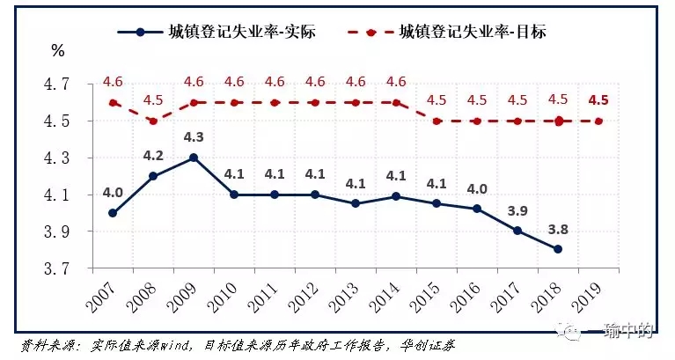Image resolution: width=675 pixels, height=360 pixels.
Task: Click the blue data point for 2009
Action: [x=194, y=158]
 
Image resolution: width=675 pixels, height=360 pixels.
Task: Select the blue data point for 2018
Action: [x=556, y=249]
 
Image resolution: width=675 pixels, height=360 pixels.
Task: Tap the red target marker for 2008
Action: [x=153, y=121]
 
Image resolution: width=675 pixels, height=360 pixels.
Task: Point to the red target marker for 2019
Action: [x=598, y=121]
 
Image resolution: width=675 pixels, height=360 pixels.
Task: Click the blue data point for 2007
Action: [x=113, y=213]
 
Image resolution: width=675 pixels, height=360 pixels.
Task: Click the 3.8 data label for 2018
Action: [x=556, y=228]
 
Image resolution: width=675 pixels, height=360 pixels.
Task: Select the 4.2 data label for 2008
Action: [x=153, y=157]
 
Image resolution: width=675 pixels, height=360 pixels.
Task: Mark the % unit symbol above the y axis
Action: [x=59, y=51]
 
